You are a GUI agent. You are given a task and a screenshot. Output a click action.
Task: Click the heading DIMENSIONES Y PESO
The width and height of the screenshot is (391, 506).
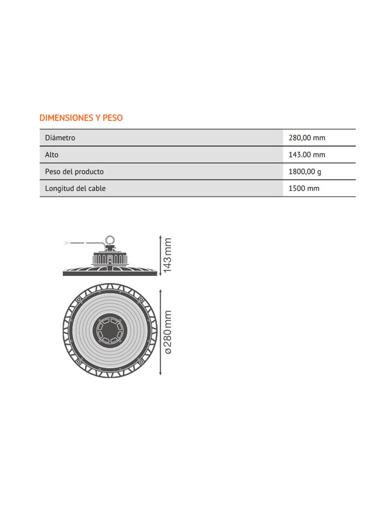click(81, 118)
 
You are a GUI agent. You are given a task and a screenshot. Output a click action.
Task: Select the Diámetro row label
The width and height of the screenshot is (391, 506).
click(60, 138)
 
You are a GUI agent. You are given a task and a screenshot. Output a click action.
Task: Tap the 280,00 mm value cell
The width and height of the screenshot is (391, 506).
click(307, 138)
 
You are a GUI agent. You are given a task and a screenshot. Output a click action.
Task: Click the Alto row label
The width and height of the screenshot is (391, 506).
click(52, 155)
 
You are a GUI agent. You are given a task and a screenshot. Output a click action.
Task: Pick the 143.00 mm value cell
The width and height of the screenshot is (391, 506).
click(307, 155)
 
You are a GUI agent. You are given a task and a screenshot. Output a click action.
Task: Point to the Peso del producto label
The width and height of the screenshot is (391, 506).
click(74, 172)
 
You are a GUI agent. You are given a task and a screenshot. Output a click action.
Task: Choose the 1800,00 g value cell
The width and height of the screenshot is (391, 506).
click(305, 172)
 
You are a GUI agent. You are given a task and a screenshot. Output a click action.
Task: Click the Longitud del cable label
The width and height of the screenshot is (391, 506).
click(75, 188)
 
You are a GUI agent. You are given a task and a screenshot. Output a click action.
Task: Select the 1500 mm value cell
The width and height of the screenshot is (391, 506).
click(304, 188)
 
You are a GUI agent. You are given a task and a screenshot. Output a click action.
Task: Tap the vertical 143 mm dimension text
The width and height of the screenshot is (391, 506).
click(167, 255)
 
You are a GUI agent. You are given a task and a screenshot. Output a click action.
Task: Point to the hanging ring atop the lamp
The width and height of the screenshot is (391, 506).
click(110, 240)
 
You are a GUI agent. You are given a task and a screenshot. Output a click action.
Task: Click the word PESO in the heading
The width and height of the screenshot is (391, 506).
click(113, 118)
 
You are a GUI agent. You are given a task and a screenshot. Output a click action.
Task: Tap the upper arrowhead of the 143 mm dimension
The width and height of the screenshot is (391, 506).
click(160, 237)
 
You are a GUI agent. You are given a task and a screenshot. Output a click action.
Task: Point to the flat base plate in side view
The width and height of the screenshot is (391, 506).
click(110, 274)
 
